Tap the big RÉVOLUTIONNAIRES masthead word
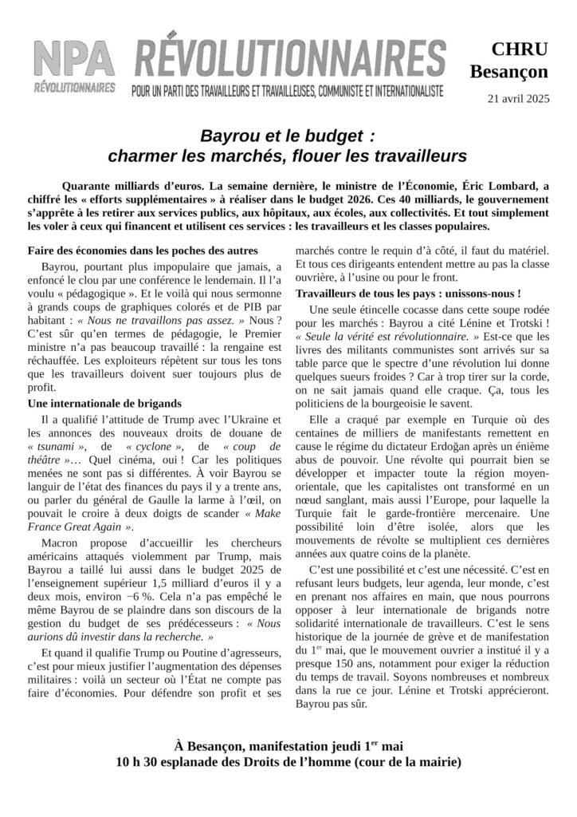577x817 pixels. (x=288, y=58)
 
